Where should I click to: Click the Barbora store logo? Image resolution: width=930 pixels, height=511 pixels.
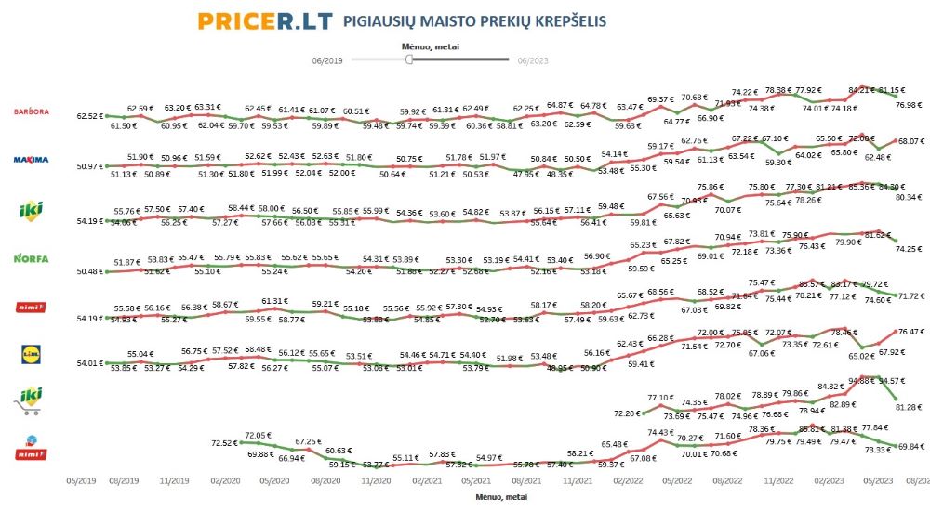[x=30, y=111]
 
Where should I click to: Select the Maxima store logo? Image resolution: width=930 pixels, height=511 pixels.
[x=30, y=160]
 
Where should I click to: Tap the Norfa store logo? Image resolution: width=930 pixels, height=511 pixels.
[x=30, y=257]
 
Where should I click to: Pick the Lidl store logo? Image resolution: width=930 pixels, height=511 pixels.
[x=30, y=353]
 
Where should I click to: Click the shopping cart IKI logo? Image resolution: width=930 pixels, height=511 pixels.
[x=30, y=400]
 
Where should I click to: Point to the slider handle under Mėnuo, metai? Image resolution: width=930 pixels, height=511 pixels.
[x=409, y=59]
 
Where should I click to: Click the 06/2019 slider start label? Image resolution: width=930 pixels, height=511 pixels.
[x=328, y=60]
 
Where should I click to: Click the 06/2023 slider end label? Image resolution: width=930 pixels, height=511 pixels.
[x=533, y=60]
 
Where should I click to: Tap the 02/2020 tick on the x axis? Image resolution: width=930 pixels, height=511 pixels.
[x=229, y=483]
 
